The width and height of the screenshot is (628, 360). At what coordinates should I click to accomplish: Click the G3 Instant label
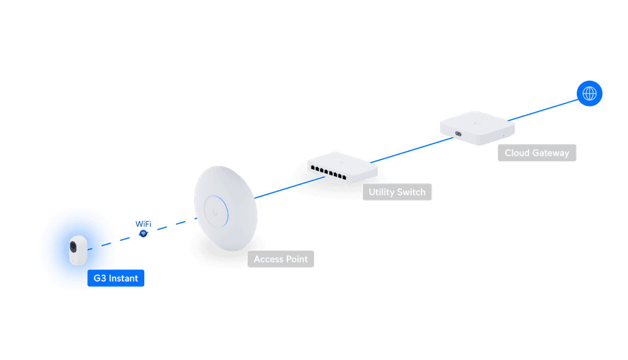pyautogui.click(x=116, y=278)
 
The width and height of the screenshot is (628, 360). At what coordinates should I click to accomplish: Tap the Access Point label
pyautogui.click(x=280, y=259)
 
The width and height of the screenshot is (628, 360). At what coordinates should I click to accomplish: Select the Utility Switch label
pyautogui.click(x=397, y=192)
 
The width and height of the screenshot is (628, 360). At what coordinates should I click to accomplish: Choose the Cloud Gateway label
pyautogui.click(x=536, y=153)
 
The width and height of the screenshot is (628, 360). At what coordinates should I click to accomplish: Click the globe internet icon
pyautogui.click(x=590, y=93)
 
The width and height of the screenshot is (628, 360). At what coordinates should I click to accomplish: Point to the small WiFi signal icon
pyautogui.click(x=143, y=234)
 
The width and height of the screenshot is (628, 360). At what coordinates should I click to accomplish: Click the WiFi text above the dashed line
pyautogui.click(x=143, y=224)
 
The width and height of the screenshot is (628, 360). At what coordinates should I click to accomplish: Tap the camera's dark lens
pyautogui.click(x=73, y=247)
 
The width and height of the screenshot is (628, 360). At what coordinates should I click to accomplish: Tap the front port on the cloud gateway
pyautogui.click(x=459, y=134)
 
